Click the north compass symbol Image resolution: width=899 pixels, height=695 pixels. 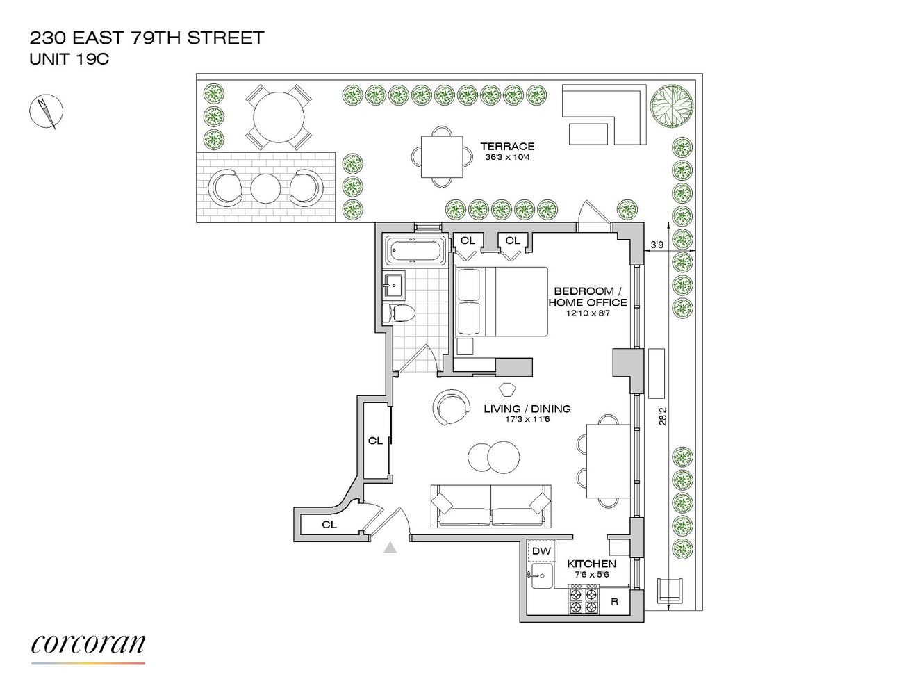tap(46, 111)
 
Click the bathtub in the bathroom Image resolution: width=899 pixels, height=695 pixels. tap(415, 250)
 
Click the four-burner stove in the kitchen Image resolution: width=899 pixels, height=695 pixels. tap(584, 598)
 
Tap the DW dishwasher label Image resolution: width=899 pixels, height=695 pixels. tap(541, 551)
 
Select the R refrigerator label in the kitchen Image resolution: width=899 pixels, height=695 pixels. tap(614, 602)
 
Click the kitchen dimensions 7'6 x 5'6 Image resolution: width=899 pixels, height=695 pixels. tap(591, 575)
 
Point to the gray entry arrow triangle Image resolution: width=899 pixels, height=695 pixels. tap(390, 548)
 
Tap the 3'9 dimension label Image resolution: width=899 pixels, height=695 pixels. tap(657, 245)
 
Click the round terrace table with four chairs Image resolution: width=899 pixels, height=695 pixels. tap(279, 117)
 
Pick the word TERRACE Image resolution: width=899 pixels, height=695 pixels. tap(507, 146)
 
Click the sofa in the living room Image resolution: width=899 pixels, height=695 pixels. tap(490, 506)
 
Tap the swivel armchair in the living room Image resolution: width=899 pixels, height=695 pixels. tap(450, 407)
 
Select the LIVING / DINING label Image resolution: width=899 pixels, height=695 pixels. tap(527, 409)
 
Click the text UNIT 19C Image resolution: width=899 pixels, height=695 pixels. tap(69, 59)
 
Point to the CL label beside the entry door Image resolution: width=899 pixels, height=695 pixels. tap(329, 525)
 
